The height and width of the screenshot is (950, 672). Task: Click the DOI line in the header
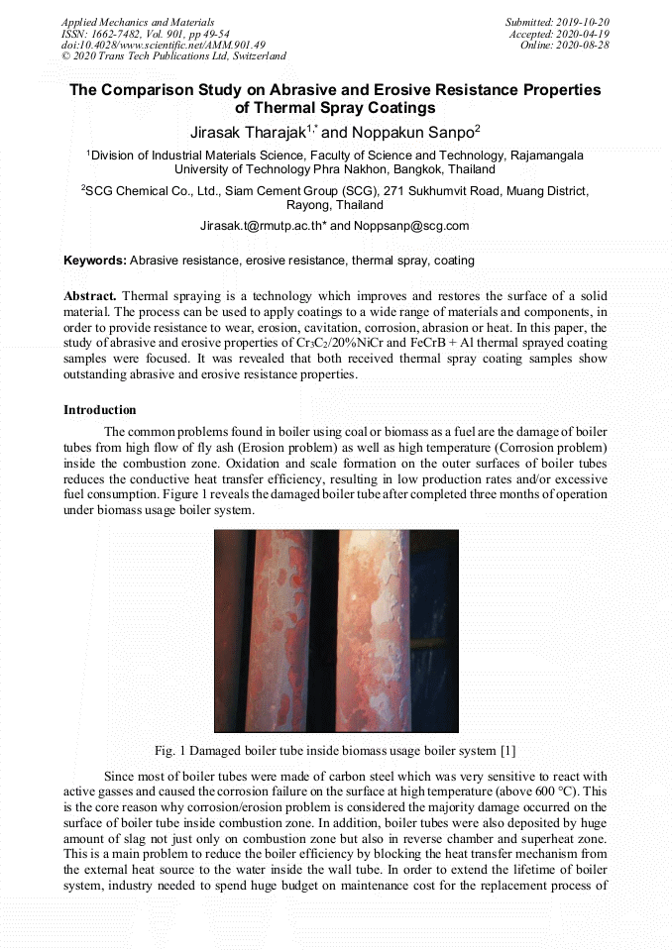[163, 46]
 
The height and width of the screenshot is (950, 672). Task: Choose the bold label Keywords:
[95, 261]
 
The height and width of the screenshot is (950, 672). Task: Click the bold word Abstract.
[90, 296]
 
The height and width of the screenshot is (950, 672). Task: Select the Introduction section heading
[100, 409]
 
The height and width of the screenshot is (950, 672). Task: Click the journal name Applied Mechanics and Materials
[137, 22]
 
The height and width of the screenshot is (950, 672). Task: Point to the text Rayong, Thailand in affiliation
[335, 205]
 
